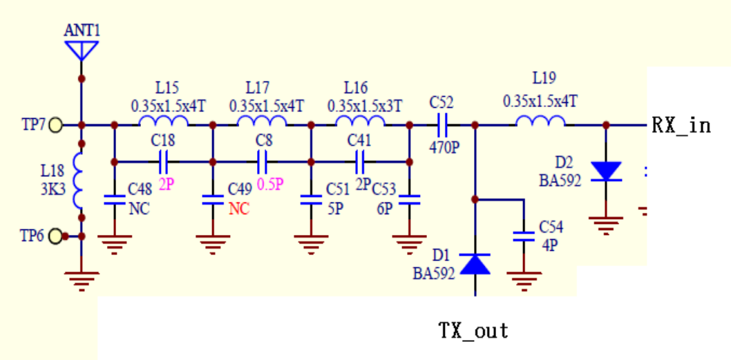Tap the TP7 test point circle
pyautogui.click(x=55, y=125)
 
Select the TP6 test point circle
pyautogui.click(x=55, y=236)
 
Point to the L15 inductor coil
pyautogui.click(x=163, y=122)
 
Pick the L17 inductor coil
pyautogui.click(x=261, y=122)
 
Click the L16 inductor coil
pyautogui.click(x=360, y=122)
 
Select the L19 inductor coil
pyautogui.click(x=540, y=122)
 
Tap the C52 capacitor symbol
pyautogui.click(x=442, y=125)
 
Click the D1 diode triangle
pyautogui.click(x=475, y=263)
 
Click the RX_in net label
pyautogui.click(x=681, y=126)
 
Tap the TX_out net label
pyautogui.click(x=474, y=331)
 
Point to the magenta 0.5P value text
pyautogui.click(x=269, y=184)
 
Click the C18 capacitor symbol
pyautogui.click(x=164, y=162)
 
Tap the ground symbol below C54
pyautogui.click(x=524, y=281)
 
